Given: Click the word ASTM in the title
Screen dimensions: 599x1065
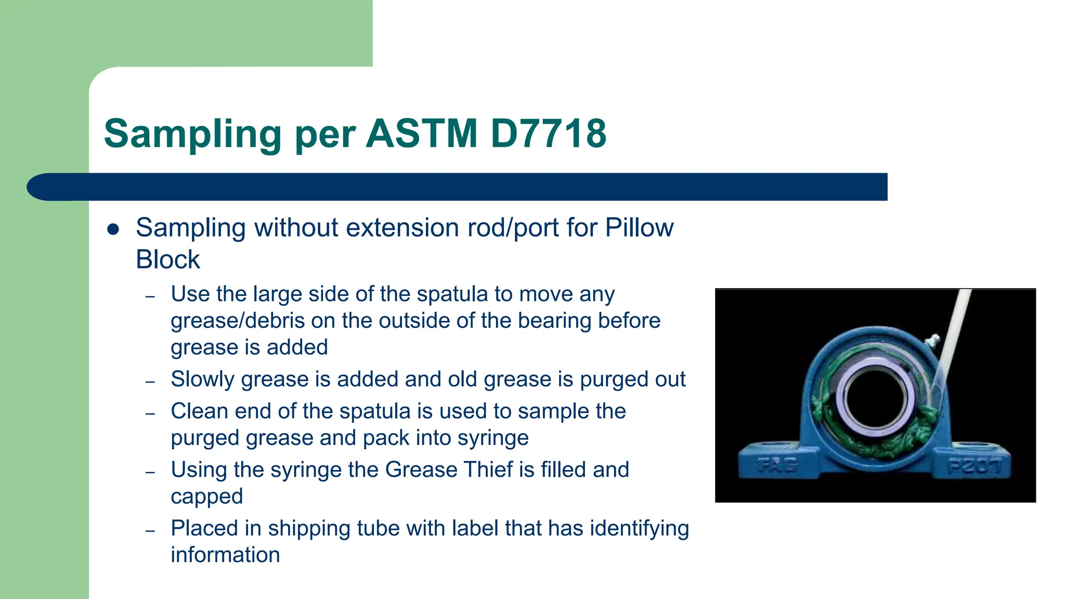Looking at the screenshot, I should pyautogui.click(x=421, y=134).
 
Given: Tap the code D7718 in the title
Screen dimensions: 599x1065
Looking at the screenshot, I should pyautogui.click(x=548, y=134).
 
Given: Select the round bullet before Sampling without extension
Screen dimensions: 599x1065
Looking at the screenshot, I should pyautogui.click(x=113, y=229).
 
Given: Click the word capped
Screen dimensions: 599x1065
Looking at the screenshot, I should pyautogui.click(x=206, y=497).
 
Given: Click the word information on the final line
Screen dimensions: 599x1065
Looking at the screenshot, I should pyautogui.click(x=225, y=555).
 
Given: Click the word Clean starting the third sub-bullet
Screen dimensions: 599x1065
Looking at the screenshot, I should pyautogui.click(x=199, y=411).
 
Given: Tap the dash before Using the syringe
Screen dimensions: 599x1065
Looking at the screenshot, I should pyautogui.click(x=150, y=472).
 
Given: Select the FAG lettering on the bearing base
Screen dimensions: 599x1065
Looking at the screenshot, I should pyautogui.click(x=776, y=464).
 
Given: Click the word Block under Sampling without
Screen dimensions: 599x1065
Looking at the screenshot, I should pyautogui.click(x=167, y=259).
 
